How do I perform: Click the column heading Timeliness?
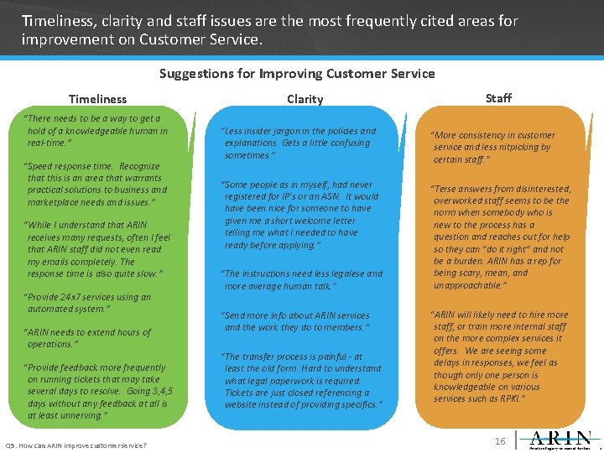click(x=97, y=99)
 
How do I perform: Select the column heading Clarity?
click(x=305, y=99)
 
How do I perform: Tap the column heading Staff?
click(x=498, y=98)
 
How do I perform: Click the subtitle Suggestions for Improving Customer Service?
click(x=297, y=74)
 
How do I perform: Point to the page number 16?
click(x=500, y=441)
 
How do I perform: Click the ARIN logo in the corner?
click(x=561, y=440)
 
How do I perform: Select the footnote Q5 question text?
click(x=76, y=445)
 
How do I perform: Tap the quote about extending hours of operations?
click(x=89, y=338)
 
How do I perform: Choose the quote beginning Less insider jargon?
click(x=299, y=143)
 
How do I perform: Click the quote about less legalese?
click(x=302, y=279)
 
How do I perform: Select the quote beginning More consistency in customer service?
click(x=492, y=147)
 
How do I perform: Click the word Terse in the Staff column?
click(x=446, y=189)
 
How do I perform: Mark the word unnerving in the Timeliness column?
click(x=80, y=415)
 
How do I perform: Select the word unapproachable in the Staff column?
click(x=470, y=285)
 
